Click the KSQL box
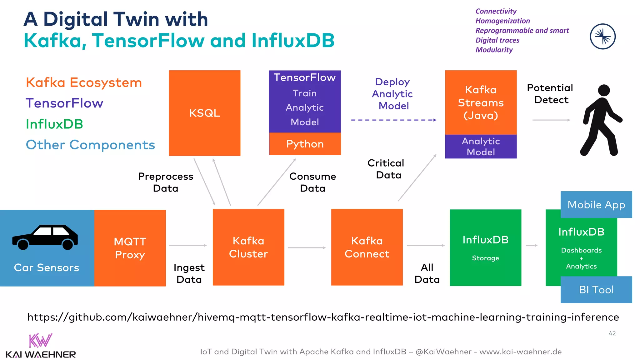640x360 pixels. (x=204, y=113)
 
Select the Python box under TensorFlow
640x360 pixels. (x=305, y=144)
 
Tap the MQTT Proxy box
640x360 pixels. (x=130, y=248)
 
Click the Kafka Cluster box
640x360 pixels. (x=248, y=247)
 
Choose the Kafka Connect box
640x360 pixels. (x=367, y=247)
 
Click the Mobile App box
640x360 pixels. (x=596, y=205)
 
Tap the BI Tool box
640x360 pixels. (x=596, y=290)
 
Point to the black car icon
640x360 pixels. (x=45, y=237)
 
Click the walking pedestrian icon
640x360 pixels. (x=600, y=121)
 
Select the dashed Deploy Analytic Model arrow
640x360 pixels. (x=393, y=120)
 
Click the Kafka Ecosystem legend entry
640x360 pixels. (x=84, y=83)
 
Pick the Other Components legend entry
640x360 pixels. (x=90, y=145)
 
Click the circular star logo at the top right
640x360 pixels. (x=602, y=37)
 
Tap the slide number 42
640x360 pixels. (x=612, y=333)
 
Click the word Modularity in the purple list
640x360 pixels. (x=494, y=50)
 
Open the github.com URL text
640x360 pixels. (x=323, y=317)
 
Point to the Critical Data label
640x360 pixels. (x=386, y=169)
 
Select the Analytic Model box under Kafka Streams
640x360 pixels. (x=481, y=147)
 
